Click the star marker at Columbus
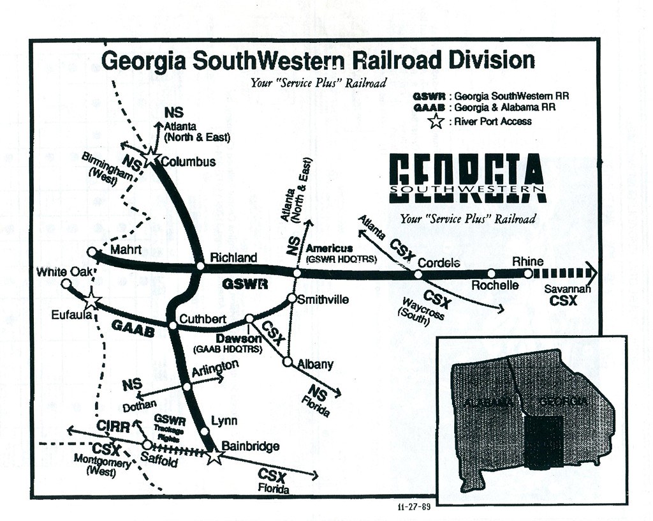click(x=151, y=158)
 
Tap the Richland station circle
click(x=199, y=266)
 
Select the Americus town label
click(x=329, y=248)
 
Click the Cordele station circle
click(x=418, y=275)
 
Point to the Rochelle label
click(x=494, y=285)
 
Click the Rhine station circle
click(x=528, y=273)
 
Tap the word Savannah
click(x=568, y=289)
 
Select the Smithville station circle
click(x=291, y=298)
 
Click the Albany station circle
click(x=288, y=362)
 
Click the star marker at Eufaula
click(x=91, y=301)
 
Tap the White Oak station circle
click(x=66, y=283)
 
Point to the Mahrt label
click(x=121, y=250)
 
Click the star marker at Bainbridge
click(x=215, y=456)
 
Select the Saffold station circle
click(x=147, y=444)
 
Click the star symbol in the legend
click(x=436, y=121)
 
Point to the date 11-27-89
click(x=415, y=508)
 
